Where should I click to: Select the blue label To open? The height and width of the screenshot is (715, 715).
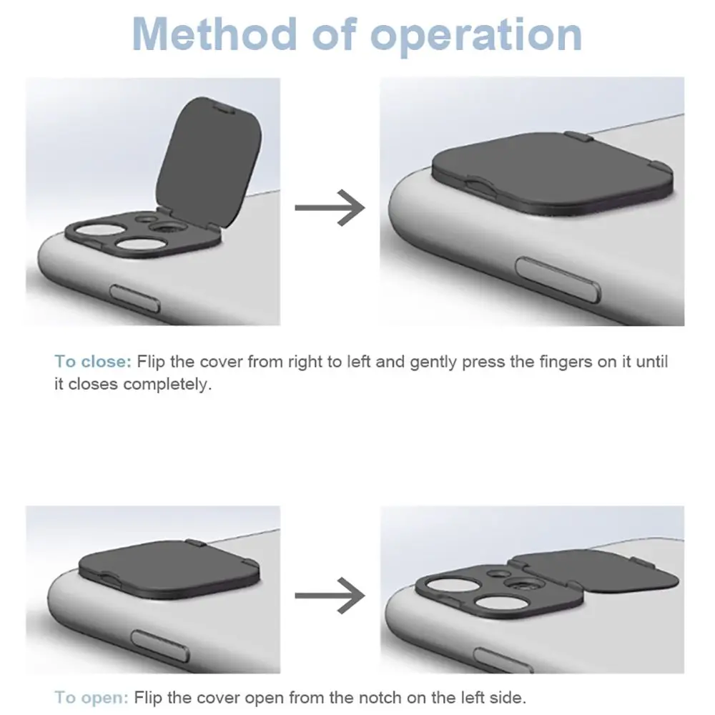click(x=92, y=696)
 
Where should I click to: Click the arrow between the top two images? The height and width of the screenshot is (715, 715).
click(x=330, y=207)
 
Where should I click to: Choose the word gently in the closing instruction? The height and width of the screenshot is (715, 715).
click(x=434, y=362)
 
